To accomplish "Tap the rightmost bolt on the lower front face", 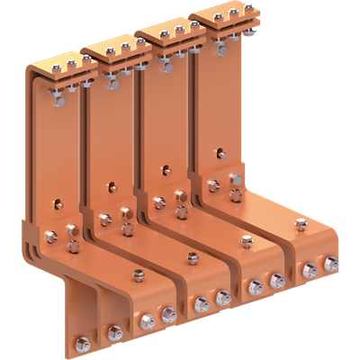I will coord(331,264).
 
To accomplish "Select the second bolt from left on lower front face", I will coord(115,333).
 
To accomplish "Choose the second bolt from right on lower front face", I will coord(310,269).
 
